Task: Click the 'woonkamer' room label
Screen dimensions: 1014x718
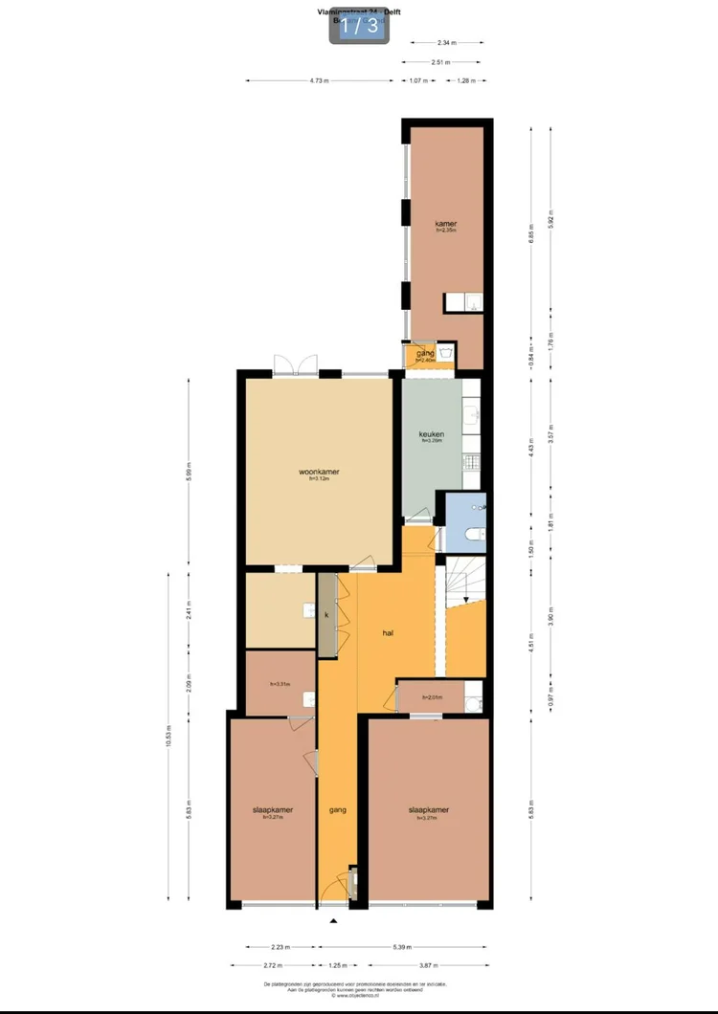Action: [320, 472]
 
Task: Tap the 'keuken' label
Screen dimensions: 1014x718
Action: [432, 434]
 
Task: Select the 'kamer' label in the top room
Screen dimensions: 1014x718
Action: [446, 224]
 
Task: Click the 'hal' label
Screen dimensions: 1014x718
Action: [388, 633]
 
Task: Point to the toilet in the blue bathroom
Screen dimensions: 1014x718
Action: [472, 534]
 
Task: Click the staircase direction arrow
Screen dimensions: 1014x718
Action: [466, 599]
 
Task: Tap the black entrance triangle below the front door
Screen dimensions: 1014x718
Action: [334, 921]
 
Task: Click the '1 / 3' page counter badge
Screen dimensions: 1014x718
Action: [359, 26]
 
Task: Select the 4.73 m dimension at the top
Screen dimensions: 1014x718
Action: [320, 80]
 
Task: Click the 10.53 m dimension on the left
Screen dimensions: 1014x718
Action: [168, 735]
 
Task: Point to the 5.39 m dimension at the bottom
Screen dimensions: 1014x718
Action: [402, 947]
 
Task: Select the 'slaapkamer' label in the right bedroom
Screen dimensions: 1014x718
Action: [428, 810]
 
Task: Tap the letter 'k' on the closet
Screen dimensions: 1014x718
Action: [326, 614]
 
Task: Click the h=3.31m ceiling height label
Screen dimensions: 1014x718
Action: [280, 684]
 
